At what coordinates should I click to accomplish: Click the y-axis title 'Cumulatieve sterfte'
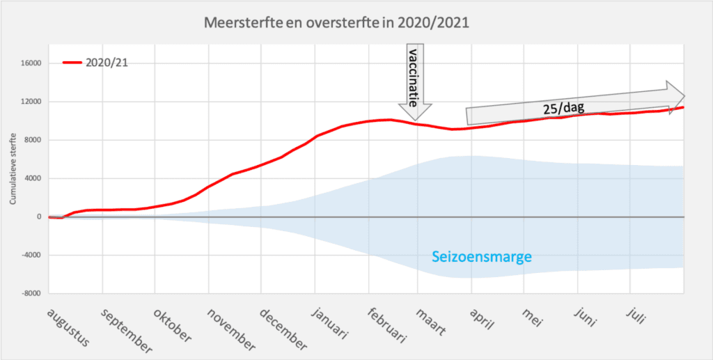pyautogui.click(x=12, y=172)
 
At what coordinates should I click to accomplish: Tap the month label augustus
pyautogui.click(x=68, y=328)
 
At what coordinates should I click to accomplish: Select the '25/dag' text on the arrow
pyautogui.click(x=561, y=109)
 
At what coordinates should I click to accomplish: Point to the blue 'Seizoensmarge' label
pyautogui.click(x=482, y=257)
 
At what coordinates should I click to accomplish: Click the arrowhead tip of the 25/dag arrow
pyautogui.click(x=685, y=95)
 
